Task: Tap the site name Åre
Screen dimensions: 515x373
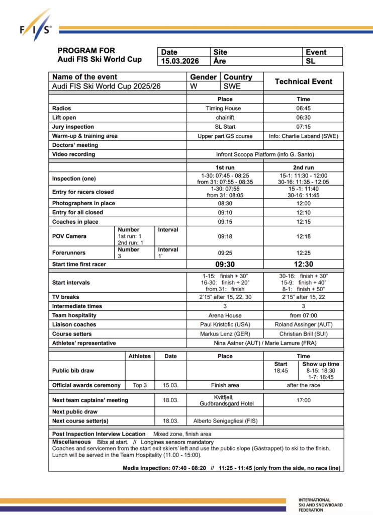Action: click(220, 61)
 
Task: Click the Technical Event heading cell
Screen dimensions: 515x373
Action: click(303, 81)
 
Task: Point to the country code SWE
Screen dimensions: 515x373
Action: click(232, 86)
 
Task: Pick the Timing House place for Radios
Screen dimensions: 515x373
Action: click(224, 108)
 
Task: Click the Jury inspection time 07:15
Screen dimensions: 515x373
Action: click(304, 127)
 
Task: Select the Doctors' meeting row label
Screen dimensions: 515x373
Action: click(76, 145)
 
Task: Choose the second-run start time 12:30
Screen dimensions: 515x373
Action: click(304, 264)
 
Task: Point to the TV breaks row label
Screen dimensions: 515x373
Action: click(66, 297)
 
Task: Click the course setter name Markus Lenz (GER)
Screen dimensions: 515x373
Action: click(225, 334)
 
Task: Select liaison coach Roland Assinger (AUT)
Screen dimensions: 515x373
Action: click(304, 324)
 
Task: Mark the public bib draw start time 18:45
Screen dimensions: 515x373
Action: click(281, 371)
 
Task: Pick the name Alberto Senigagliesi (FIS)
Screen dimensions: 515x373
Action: click(225, 420)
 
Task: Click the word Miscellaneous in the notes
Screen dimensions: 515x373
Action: click(71, 442)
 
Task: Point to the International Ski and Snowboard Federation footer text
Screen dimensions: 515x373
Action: click(321, 505)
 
